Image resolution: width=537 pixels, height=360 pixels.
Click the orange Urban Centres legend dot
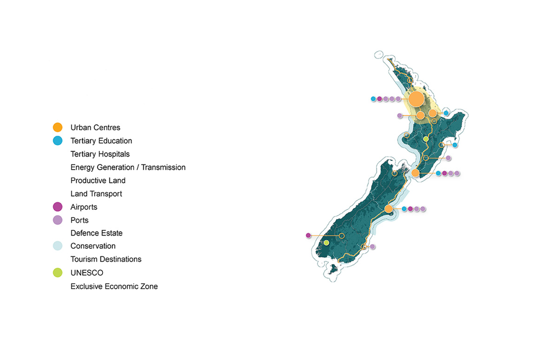(58, 127)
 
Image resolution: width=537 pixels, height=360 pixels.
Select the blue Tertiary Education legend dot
(58, 141)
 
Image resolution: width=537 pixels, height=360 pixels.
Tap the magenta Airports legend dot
(58, 207)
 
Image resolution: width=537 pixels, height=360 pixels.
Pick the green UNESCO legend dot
(58, 273)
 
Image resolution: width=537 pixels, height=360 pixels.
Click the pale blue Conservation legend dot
(58, 246)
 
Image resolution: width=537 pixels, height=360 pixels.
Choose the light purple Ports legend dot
(58, 220)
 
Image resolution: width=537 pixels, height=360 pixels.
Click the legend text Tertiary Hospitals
(100, 154)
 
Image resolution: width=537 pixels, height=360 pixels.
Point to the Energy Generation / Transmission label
(128, 167)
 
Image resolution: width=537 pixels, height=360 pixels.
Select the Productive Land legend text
(98, 180)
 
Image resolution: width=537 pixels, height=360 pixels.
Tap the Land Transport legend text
(96, 194)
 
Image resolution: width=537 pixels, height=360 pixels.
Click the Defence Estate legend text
(97, 233)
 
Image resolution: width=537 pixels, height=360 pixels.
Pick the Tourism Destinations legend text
(106, 260)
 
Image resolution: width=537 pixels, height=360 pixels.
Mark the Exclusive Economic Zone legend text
(114, 287)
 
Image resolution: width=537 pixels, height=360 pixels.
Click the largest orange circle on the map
(416, 99)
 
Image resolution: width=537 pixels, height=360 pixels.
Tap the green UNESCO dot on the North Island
(426, 139)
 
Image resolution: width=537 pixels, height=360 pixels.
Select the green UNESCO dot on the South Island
(326, 243)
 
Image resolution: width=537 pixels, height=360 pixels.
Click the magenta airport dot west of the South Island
(308, 235)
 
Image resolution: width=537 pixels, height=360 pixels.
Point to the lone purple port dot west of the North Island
(399, 115)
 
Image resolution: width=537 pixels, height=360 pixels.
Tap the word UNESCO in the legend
(87, 273)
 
